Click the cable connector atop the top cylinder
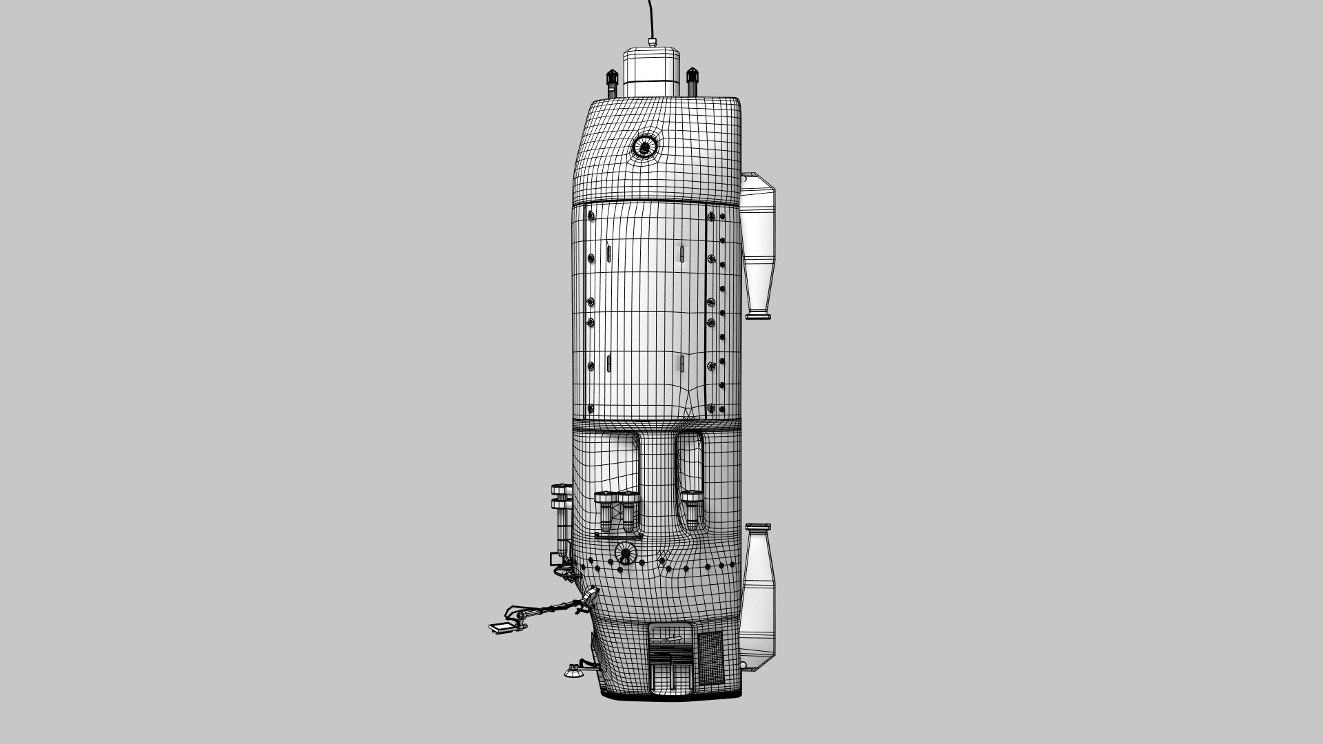(652, 43)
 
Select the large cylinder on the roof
(652, 72)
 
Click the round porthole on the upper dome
(644, 146)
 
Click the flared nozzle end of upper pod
(759, 315)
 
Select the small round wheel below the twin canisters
(626, 552)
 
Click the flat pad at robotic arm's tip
(501, 628)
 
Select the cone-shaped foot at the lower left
(571, 671)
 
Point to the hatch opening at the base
(670, 658)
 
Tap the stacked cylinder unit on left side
(562, 517)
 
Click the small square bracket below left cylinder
(555, 558)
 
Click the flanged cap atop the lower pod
(758, 528)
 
